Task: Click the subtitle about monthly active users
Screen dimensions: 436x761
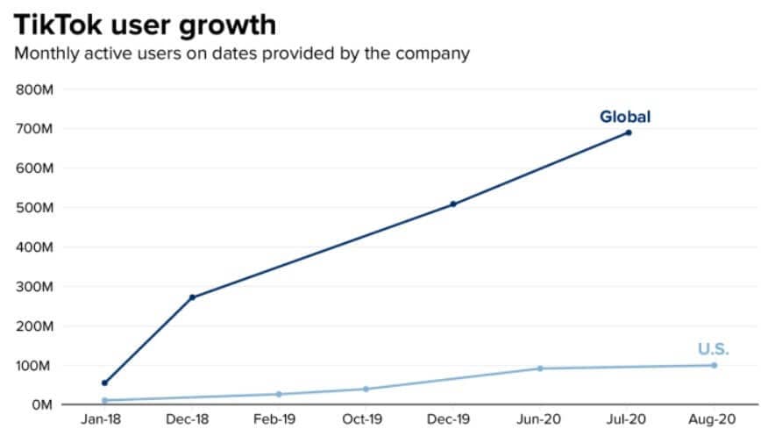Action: (x=241, y=54)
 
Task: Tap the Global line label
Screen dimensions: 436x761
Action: (x=625, y=117)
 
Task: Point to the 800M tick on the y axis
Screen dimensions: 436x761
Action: (x=35, y=89)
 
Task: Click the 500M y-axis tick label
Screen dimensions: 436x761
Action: (x=35, y=208)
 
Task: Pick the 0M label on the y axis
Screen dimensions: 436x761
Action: (x=41, y=405)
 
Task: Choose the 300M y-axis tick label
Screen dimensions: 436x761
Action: (x=35, y=287)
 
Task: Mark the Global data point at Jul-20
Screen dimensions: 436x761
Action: (x=628, y=132)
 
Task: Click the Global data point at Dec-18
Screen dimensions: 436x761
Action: (x=192, y=297)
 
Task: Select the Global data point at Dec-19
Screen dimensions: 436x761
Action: (x=453, y=204)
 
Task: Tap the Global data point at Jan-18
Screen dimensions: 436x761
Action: (x=105, y=382)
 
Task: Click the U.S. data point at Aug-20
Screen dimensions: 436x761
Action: (x=714, y=365)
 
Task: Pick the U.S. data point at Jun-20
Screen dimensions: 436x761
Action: (x=540, y=368)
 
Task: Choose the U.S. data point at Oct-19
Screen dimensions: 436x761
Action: (x=366, y=389)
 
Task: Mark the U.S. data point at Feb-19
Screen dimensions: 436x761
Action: (x=279, y=394)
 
